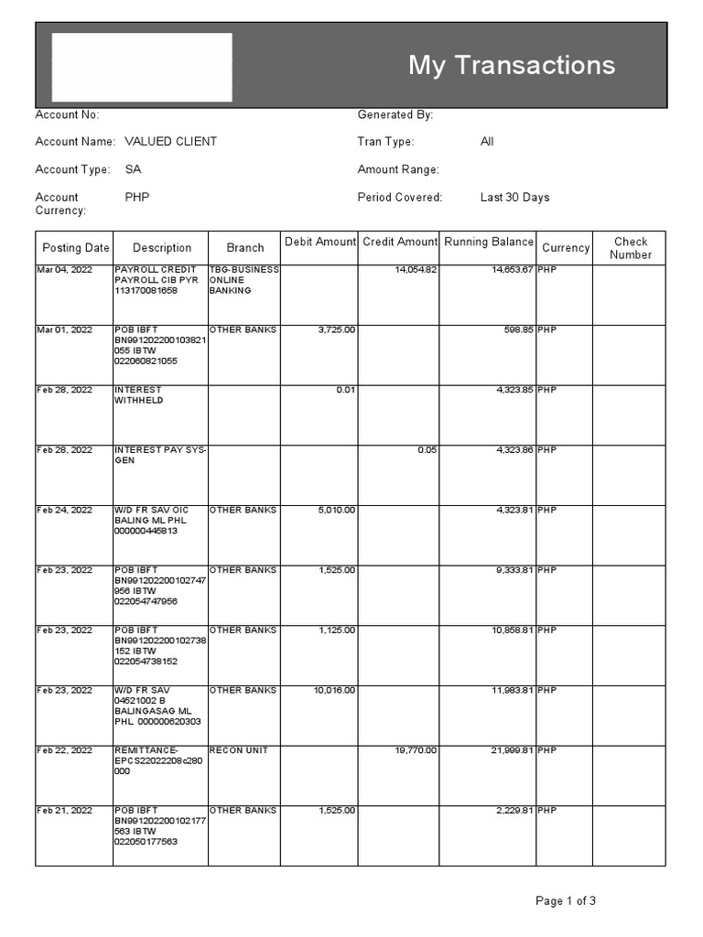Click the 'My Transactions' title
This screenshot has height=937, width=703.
[511, 65]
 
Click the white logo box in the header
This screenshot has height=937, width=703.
[142, 68]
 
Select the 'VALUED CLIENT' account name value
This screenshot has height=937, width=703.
[170, 142]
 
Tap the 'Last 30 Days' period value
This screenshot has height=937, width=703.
[514, 197]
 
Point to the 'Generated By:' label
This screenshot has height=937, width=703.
[395, 114]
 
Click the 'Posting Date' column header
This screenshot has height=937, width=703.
[75, 248]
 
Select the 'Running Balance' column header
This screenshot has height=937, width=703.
[488, 242]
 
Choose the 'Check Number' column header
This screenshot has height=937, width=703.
[630, 248]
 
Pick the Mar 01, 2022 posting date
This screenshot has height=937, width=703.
[64, 329]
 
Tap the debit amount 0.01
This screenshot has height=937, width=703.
[345, 390]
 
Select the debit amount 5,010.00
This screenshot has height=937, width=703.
[336, 510]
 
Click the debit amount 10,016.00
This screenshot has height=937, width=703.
[334, 690]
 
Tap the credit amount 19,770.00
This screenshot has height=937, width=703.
[415, 750]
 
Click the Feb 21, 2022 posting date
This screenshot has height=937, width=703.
[64, 811]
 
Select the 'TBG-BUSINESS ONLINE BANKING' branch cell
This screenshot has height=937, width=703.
[243, 280]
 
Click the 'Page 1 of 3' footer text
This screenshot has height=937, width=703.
[565, 901]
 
